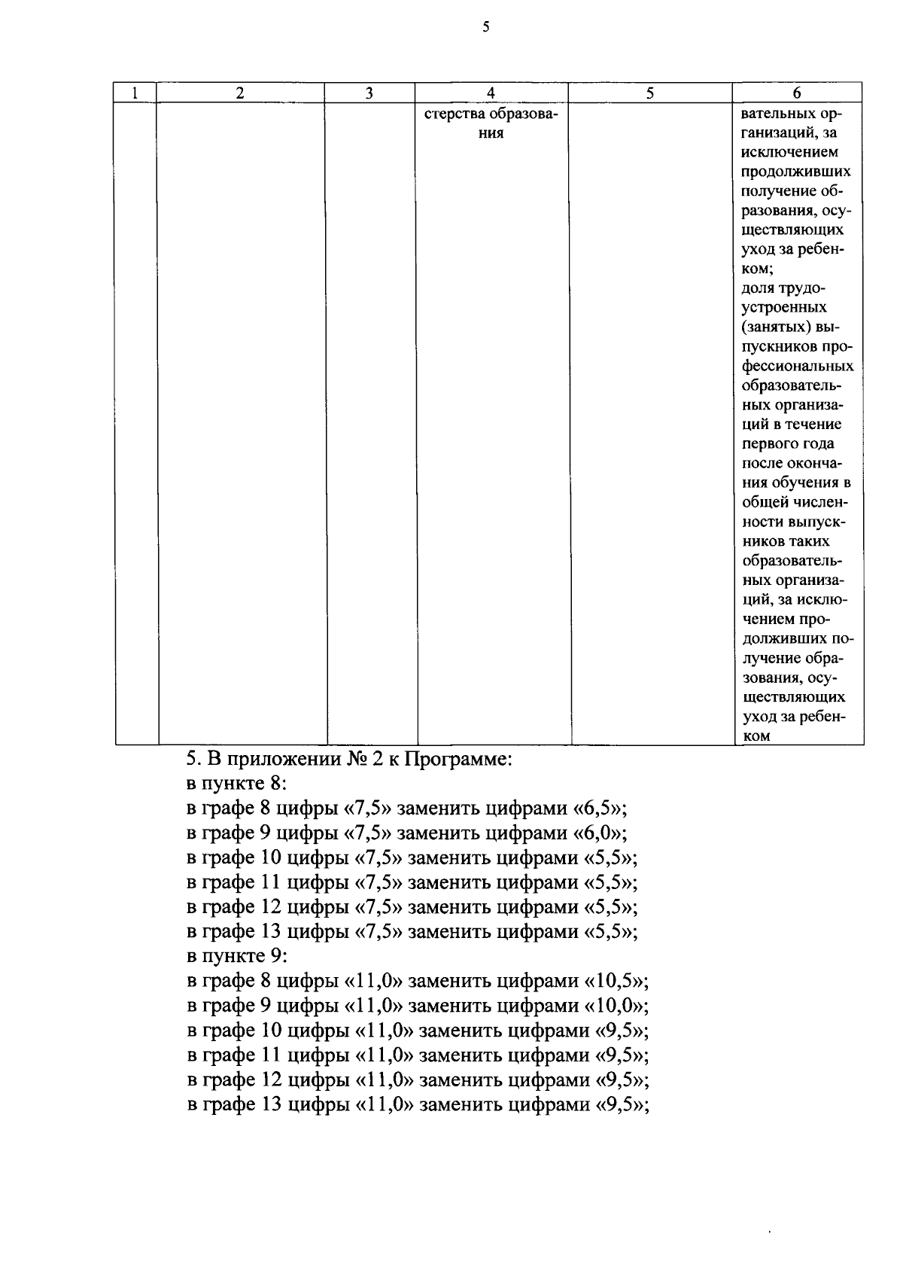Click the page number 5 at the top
point(485,28)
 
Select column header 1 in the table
point(135,93)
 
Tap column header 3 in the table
point(369,93)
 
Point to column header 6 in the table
point(796,93)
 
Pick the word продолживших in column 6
point(796,172)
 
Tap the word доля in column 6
point(759,288)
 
